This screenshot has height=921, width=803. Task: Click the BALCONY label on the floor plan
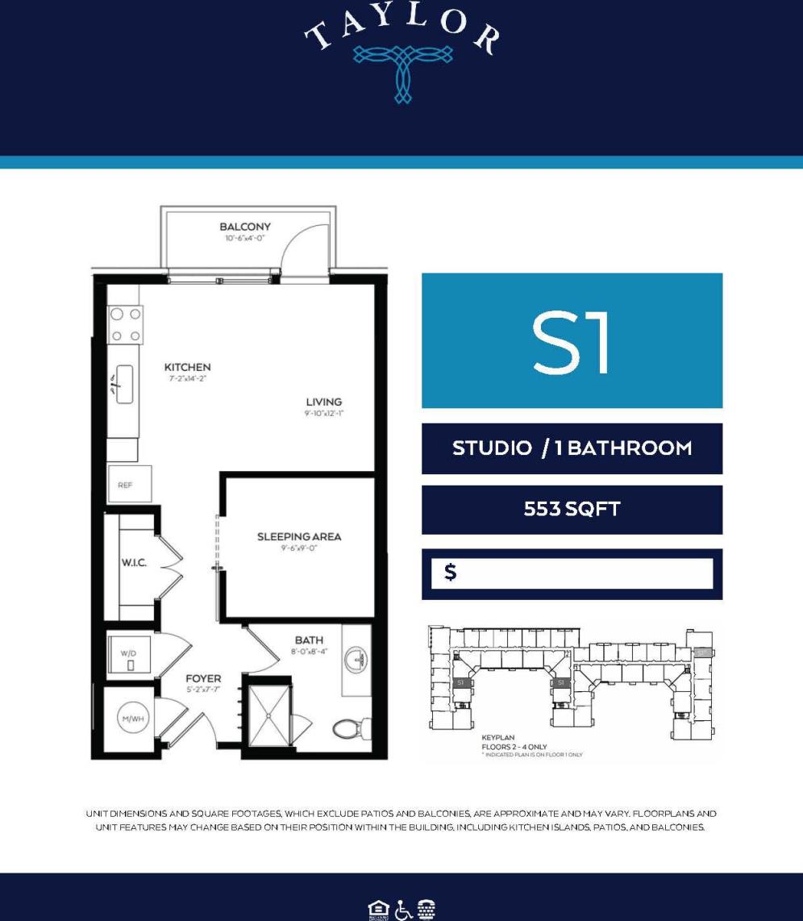(245, 227)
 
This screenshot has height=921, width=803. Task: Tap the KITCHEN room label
(187, 367)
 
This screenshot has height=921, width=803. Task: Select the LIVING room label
(323, 402)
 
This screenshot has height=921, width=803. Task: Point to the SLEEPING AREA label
(299, 536)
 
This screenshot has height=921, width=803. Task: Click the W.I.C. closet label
(134, 562)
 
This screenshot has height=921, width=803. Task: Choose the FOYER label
(203, 678)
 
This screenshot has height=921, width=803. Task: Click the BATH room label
(309, 640)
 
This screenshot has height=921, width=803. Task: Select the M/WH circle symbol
(132, 718)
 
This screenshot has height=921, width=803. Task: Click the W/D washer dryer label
(129, 652)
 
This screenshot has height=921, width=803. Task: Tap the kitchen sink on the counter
(124, 383)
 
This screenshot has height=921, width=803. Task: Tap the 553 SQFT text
(572, 510)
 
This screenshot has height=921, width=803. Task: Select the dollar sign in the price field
(451, 573)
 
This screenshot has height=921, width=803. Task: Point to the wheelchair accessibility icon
(402, 909)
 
